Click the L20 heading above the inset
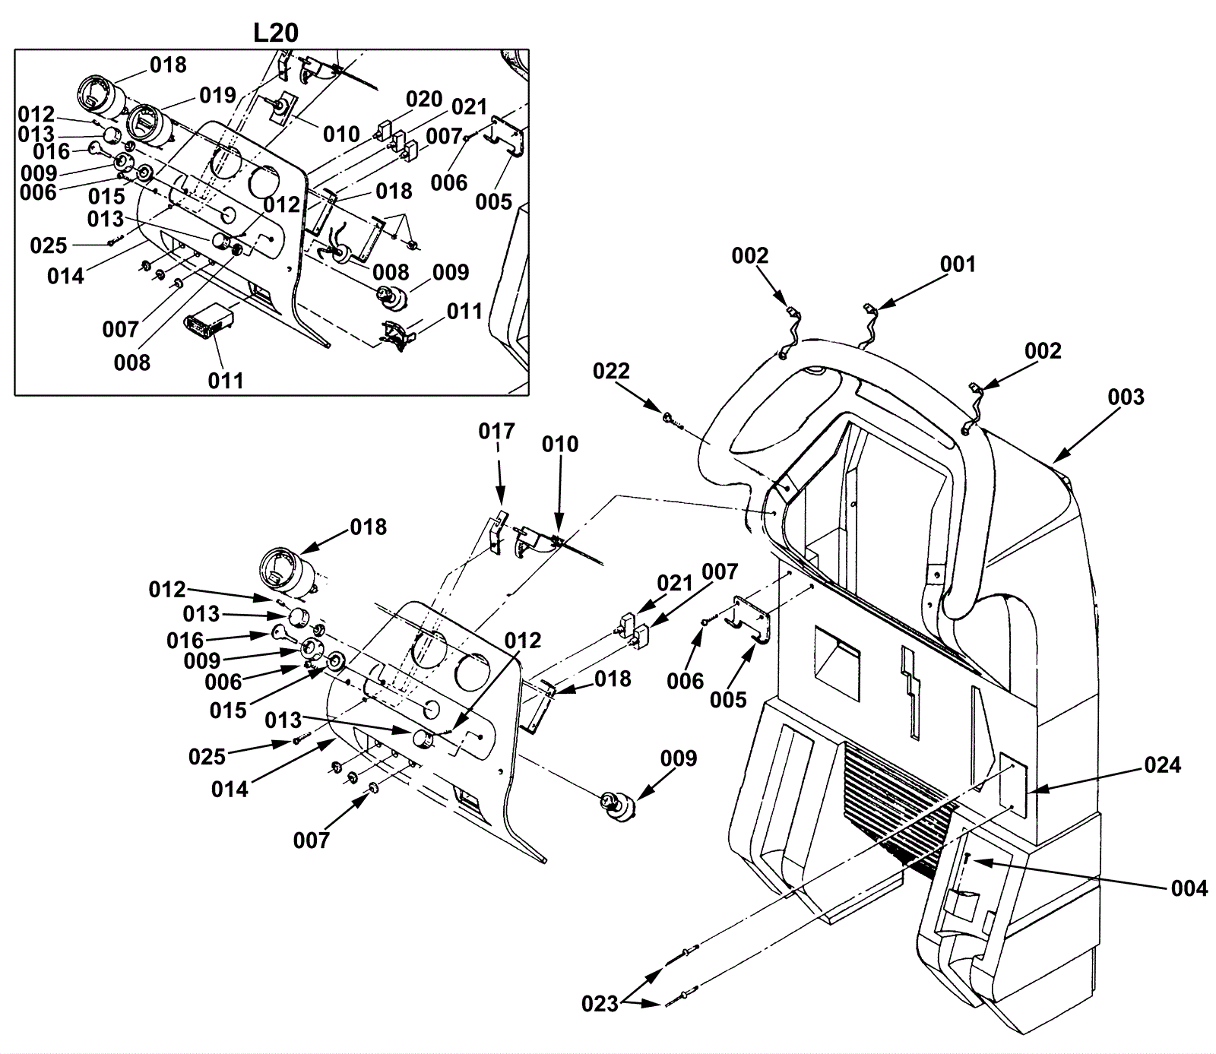point(276,32)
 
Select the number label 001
point(958,264)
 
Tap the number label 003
point(1126,397)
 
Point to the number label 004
point(1189,888)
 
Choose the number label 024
point(1163,764)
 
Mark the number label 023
point(600,1004)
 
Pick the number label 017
point(497,431)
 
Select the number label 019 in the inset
point(218,95)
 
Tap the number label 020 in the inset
point(424,99)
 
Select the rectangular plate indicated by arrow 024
point(1013,780)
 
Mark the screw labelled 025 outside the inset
point(300,740)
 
